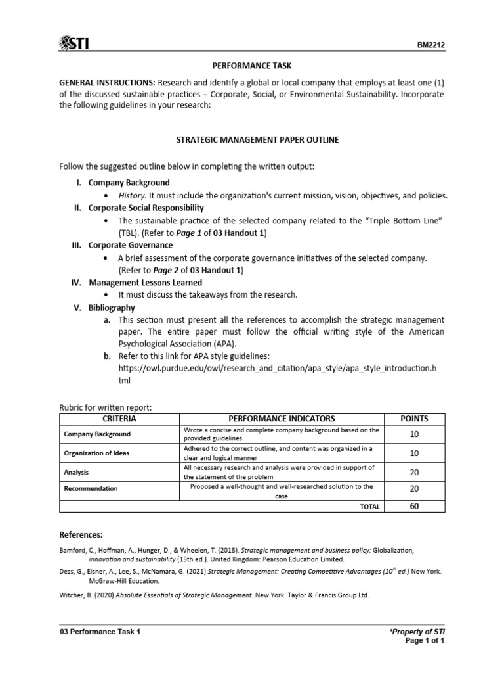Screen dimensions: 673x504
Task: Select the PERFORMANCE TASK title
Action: point(251,66)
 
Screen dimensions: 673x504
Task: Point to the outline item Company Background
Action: point(129,183)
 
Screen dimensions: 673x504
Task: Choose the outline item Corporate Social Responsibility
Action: point(142,208)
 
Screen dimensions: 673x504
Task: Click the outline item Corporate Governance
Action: point(121,245)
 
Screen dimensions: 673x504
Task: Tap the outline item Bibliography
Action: point(112,307)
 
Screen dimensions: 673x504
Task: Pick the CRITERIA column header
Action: point(119,419)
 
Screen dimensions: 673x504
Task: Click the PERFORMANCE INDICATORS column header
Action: point(282,419)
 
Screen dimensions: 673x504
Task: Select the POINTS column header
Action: point(414,419)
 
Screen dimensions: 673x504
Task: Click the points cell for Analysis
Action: point(414,471)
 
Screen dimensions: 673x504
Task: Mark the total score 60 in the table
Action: point(414,506)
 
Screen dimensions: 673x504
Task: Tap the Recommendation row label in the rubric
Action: point(91,488)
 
